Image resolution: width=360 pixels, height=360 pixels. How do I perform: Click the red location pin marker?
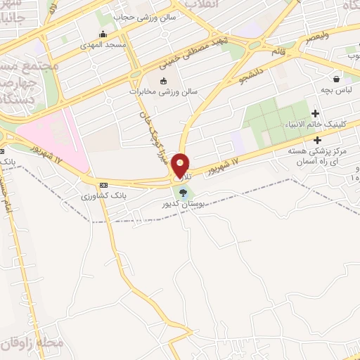coord(181,165)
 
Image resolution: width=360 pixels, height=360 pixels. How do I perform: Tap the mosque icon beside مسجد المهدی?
coord(103,34)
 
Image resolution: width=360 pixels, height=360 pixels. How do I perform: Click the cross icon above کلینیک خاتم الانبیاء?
coord(315,113)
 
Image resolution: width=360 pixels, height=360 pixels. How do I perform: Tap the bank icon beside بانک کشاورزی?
coord(104,185)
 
